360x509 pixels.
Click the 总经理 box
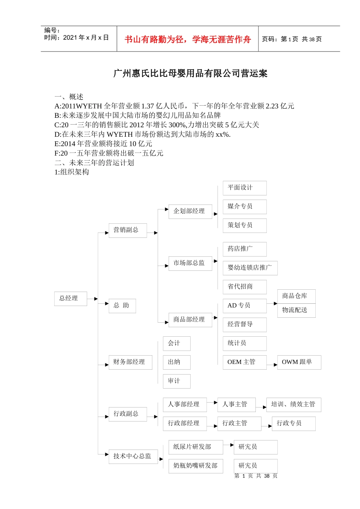click(x=70, y=298)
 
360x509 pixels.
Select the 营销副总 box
click(x=127, y=230)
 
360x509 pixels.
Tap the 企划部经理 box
click(x=190, y=211)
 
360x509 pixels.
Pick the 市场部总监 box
click(x=190, y=263)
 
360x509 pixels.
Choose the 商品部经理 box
click(x=190, y=320)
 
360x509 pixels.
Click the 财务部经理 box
click(x=130, y=362)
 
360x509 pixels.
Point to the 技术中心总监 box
click(x=133, y=456)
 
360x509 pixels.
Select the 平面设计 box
click(x=244, y=188)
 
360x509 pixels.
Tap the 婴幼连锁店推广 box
click(x=250, y=268)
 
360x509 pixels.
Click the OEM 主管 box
click(x=244, y=362)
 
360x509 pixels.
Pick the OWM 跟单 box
click(x=299, y=362)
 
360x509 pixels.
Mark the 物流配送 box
click(x=296, y=310)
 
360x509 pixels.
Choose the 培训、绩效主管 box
click(x=293, y=404)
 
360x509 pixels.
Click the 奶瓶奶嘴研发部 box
click(x=196, y=466)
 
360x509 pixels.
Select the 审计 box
click(x=176, y=381)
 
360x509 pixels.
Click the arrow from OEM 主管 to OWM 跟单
click(x=272, y=365)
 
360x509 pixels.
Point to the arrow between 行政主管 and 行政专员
click(x=266, y=426)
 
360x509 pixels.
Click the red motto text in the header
click(x=188, y=39)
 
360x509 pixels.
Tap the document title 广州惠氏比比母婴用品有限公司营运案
click(x=190, y=73)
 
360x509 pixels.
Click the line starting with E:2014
click(x=103, y=144)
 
